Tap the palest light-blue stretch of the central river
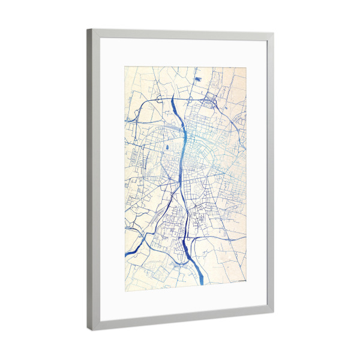[x=183, y=150]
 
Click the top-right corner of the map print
[x=247, y=66]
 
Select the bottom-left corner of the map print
[x=125, y=292]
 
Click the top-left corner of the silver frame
[x=88, y=28]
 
